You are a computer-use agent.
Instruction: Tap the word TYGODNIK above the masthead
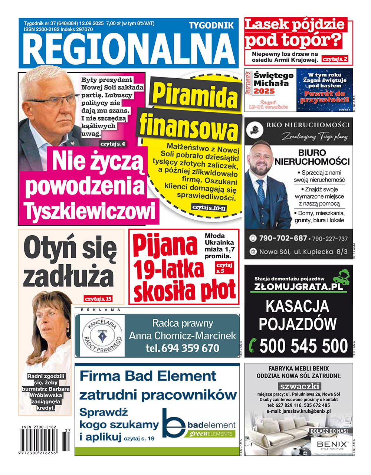pos(211,25)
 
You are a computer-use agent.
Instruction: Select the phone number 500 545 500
pos(303,346)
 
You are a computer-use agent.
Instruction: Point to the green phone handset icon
pos(253,346)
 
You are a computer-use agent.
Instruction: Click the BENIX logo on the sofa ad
pos(332,445)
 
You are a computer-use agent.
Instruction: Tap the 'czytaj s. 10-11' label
pos(209,208)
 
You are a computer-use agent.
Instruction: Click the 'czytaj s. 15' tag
pos(98,299)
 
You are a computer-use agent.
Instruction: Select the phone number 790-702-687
pos(283,238)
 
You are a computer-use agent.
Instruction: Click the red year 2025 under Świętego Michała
pos(264,91)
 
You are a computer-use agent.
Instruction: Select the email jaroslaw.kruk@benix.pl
pos(298,411)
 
